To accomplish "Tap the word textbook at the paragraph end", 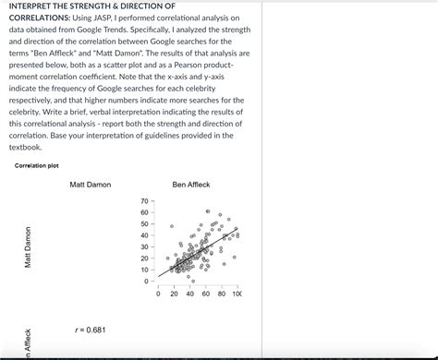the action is tap(25, 147).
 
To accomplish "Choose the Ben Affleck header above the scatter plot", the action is tap(191, 185).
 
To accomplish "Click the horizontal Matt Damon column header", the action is tap(90, 185).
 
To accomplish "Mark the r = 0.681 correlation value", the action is tap(90, 330).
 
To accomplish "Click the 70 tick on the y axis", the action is tap(143, 201).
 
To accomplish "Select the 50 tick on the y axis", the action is tap(143, 224).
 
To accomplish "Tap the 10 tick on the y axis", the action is tap(143, 270).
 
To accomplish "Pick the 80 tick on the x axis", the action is tap(221, 294).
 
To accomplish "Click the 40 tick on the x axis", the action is tap(190, 294).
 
